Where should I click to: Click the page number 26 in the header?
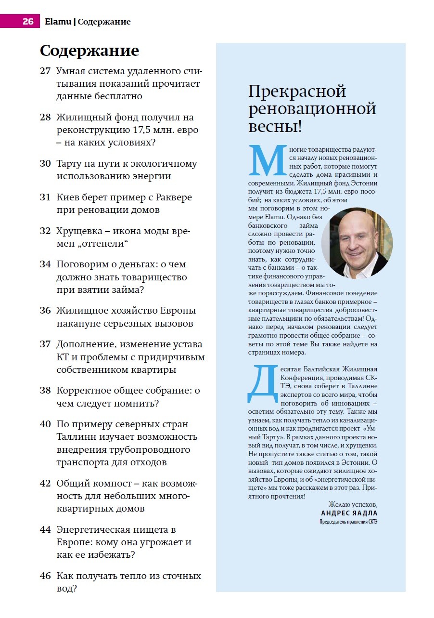(x=28, y=22)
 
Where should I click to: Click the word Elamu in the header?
(x=58, y=22)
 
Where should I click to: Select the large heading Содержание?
(x=89, y=51)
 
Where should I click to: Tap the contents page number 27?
(x=45, y=71)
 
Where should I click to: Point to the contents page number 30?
(x=45, y=164)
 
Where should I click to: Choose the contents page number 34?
(x=45, y=264)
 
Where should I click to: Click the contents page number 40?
(x=45, y=424)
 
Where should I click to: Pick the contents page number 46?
(x=45, y=576)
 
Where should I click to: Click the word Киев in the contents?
(x=68, y=197)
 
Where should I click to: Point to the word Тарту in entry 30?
(x=69, y=164)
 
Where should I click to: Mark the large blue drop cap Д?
(x=263, y=384)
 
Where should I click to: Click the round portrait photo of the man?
(x=357, y=243)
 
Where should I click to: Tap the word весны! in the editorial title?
(x=275, y=127)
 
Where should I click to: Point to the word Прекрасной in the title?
(x=297, y=91)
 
